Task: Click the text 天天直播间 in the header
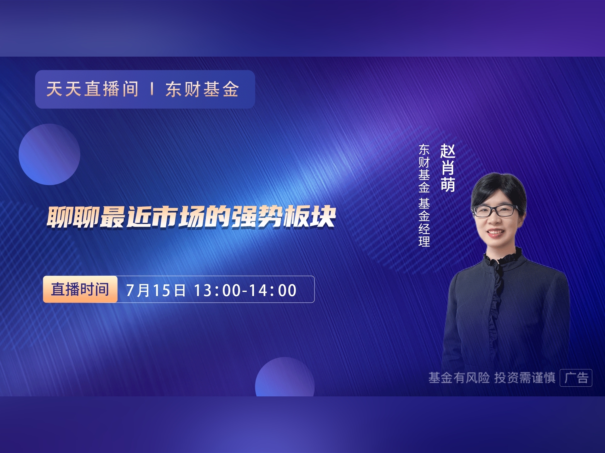pyautogui.click(x=92, y=89)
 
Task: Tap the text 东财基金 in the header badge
pyautogui.click(x=202, y=89)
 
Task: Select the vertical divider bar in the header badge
pyautogui.click(x=152, y=89)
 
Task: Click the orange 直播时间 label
pyautogui.click(x=80, y=289)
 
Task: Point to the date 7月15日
pyautogui.click(x=156, y=290)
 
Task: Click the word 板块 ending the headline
pyautogui.click(x=310, y=217)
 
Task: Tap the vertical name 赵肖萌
pyautogui.click(x=447, y=168)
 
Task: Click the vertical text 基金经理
pyautogui.click(x=424, y=222)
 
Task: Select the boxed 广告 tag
pyautogui.click(x=576, y=377)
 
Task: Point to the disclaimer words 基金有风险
pyautogui.click(x=459, y=377)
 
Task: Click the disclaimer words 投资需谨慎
pyautogui.click(x=525, y=377)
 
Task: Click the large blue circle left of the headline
pyautogui.click(x=49, y=154)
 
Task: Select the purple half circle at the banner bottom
pyautogui.click(x=285, y=377)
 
